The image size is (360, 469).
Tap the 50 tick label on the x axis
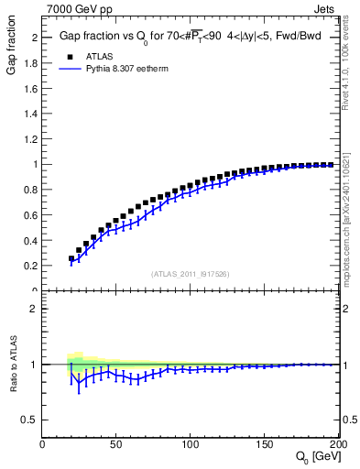click(x=116, y=443)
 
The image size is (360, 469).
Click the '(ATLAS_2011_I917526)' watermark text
click(x=191, y=274)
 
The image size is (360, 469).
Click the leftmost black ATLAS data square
click(x=71, y=258)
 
